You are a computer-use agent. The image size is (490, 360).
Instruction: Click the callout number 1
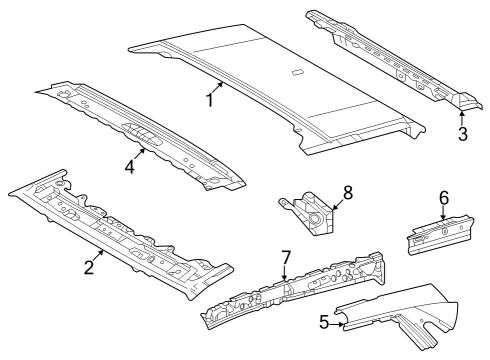(x=210, y=100)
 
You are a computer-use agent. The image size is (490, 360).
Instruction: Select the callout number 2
(x=89, y=267)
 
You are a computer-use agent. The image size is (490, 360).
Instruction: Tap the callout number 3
(x=463, y=134)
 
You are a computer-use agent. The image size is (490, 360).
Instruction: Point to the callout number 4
(x=129, y=167)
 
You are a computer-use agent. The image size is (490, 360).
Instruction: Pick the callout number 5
(x=324, y=322)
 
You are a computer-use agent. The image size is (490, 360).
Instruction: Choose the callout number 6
(x=444, y=198)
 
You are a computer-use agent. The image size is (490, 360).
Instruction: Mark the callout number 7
(x=286, y=257)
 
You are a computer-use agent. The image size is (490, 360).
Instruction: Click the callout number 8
(x=348, y=193)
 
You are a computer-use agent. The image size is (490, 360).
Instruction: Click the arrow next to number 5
(x=337, y=323)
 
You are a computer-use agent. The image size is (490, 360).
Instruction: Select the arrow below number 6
(x=443, y=213)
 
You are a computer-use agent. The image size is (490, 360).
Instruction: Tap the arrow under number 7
(x=284, y=272)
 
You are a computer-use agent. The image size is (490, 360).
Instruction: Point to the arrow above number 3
(x=462, y=118)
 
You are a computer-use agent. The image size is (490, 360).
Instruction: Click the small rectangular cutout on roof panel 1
(x=297, y=72)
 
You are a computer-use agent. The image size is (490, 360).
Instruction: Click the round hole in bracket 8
(x=315, y=219)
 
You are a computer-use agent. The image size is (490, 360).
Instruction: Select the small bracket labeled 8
(x=306, y=213)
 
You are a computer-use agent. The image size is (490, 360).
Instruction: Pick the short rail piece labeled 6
(x=440, y=235)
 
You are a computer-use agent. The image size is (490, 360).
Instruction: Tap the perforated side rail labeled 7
(x=293, y=291)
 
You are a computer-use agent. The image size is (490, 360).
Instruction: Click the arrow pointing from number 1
(x=217, y=88)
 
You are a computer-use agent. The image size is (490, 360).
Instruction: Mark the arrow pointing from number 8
(x=337, y=204)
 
